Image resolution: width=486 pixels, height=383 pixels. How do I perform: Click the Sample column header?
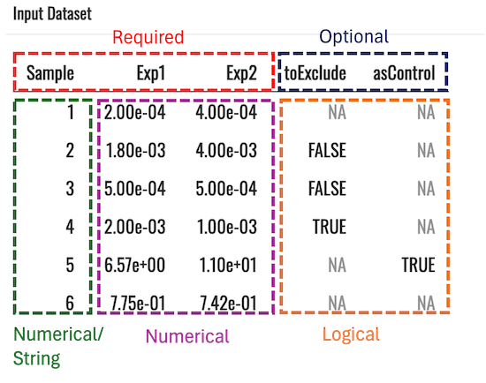click(50, 74)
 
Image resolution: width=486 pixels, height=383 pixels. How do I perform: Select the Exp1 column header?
click(151, 74)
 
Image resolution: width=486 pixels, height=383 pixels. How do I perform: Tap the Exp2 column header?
click(241, 74)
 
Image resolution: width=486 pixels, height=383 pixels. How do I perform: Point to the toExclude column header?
click(315, 73)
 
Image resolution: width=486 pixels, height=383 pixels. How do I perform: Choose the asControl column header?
click(404, 73)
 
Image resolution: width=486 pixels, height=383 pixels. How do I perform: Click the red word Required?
click(148, 38)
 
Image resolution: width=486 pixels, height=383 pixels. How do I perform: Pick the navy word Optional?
click(353, 37)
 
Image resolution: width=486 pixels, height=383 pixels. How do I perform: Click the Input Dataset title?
click(52, 14)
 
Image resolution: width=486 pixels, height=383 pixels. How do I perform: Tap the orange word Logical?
click(351, 335)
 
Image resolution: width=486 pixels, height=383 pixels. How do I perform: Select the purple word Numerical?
click(187, 336)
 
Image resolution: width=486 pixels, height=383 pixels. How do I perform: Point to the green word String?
click(36, 359)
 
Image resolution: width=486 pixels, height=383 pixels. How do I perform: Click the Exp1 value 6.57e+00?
click(134, 266)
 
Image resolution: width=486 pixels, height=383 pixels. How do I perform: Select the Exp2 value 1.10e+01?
click(228, 266)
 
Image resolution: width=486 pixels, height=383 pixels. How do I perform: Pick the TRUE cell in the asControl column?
click(419, 266)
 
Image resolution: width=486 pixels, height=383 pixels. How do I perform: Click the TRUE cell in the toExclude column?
click(330, 227)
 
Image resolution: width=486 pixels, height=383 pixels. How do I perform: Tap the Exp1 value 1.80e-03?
click(135, 151)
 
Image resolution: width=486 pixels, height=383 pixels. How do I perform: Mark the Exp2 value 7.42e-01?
click(229, 303)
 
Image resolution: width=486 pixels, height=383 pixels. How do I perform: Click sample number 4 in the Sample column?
click(70, 227)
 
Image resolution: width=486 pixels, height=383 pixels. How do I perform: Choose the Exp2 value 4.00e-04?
click(226, 112)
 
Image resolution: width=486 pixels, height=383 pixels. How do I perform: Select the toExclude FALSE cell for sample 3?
click(327, 189)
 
